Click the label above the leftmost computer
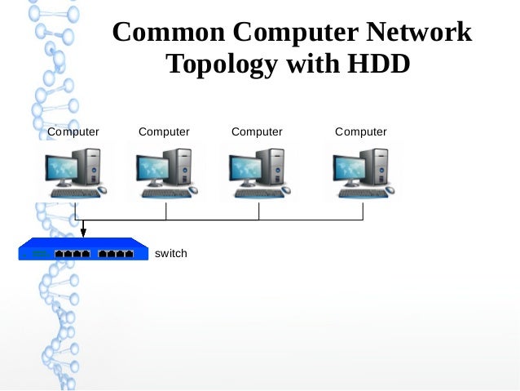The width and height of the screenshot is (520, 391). [73, 131]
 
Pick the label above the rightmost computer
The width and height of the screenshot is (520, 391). [361, 131]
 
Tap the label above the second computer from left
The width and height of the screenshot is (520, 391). [164, 131]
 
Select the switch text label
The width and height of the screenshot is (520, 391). [171, 253]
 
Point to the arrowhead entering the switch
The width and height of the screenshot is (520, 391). [83, 233]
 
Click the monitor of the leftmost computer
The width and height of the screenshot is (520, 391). [64, 169]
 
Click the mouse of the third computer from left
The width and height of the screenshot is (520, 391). [286, 190]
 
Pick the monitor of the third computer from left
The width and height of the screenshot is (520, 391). [248, 169]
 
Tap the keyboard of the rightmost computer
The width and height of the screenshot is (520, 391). [359, 193]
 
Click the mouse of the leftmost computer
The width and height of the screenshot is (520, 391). [101, 190]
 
